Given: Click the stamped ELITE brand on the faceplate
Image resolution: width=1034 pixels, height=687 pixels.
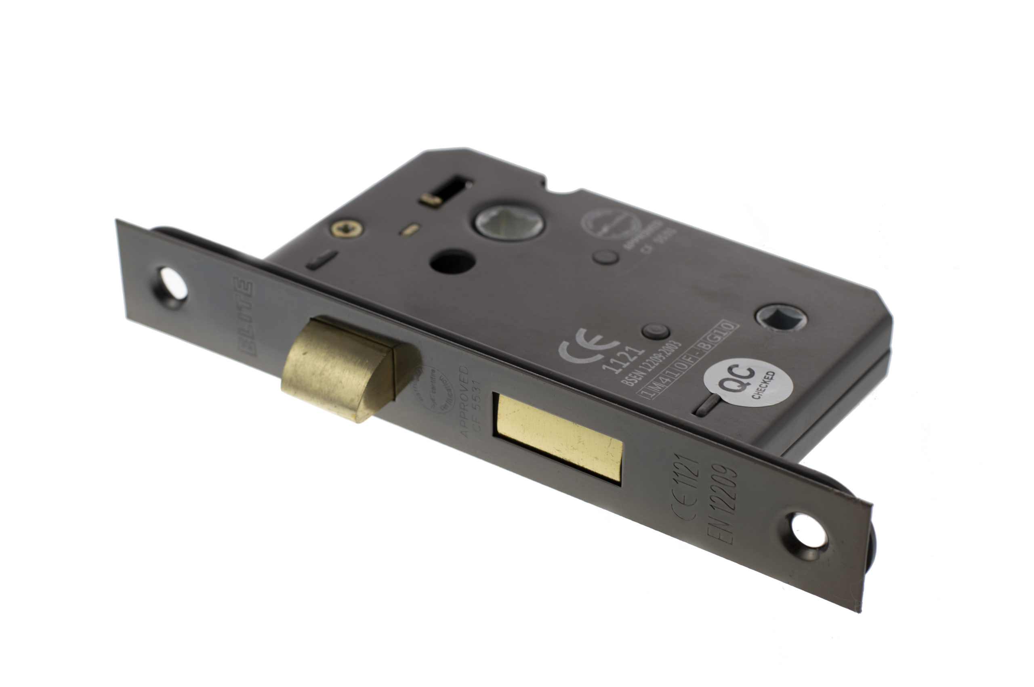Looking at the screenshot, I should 243,316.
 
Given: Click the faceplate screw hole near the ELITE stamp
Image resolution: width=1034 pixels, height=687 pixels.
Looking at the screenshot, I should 173,283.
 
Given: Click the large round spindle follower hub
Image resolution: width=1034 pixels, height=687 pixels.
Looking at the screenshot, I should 509,222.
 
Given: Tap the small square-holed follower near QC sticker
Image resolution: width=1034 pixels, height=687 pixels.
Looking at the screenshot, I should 782,316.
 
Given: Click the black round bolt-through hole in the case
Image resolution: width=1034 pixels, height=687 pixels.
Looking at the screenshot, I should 452,262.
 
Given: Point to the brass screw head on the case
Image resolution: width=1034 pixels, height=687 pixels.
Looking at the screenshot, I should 346,228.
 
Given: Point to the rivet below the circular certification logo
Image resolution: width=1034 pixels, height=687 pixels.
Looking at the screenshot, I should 605,257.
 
